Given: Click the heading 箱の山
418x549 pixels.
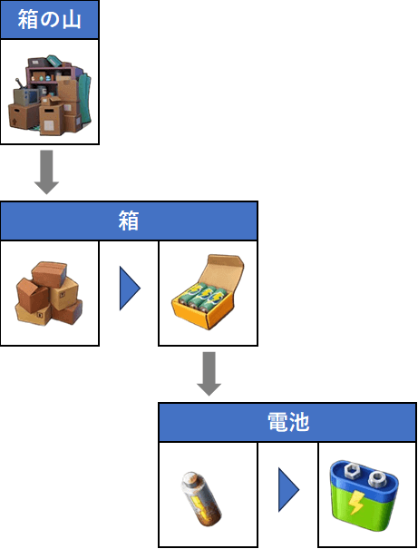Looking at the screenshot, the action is pos(49,19).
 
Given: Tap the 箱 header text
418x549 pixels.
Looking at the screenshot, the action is pos(129,221).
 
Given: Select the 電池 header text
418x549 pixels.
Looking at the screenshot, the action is pos(288,422).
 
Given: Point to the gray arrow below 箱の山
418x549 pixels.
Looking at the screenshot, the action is pos(46,172).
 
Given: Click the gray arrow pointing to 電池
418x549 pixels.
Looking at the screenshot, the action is pos(209,374).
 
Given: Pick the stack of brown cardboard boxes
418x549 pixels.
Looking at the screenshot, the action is pos(49,293).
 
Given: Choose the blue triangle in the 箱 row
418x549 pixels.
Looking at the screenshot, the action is pos(130,289).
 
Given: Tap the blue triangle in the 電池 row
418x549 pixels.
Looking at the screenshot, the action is pos(288,489).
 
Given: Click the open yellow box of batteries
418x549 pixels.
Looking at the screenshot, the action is pos(209,291).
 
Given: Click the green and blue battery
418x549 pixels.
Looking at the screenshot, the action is pos(365,495).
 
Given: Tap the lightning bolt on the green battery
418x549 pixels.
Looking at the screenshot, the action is pos(356,502).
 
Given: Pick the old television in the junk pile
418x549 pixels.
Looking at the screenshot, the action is pos(27,95).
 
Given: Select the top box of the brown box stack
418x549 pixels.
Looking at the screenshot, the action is pos(49,274).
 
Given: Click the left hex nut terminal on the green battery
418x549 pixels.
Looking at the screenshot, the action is pos(351,472).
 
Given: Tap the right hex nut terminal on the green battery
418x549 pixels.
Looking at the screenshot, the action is pos(377,477).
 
